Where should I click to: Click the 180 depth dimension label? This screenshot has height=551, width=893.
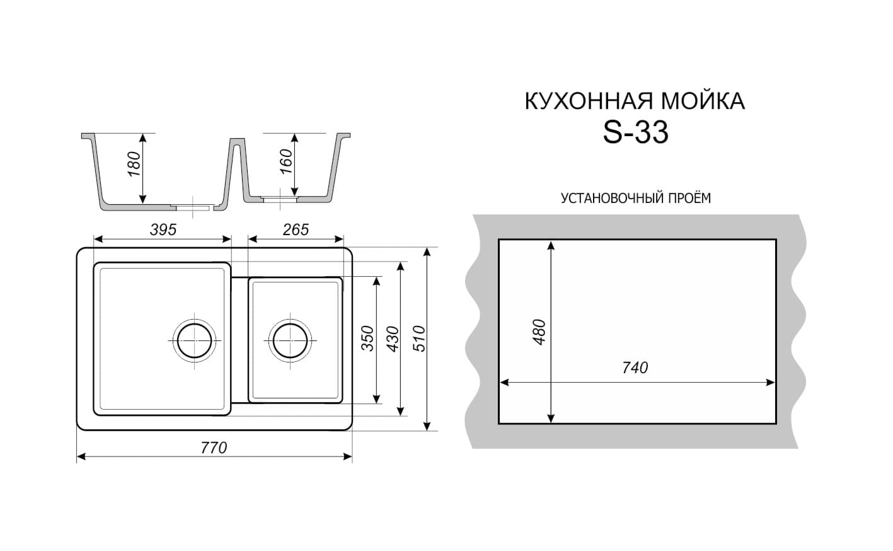point(134,165)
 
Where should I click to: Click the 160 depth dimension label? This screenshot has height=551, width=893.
point(286,161)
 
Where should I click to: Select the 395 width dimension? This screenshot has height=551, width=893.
point(163,229)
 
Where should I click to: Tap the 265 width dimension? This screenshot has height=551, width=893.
point(296,229)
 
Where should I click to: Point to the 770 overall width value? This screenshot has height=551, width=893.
point(214,448)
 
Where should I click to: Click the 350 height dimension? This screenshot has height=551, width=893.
point(367,339)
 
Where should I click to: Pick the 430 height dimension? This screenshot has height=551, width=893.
point(393,339)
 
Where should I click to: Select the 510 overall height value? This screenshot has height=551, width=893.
point(419,339)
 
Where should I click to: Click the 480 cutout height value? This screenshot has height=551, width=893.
point(539,332)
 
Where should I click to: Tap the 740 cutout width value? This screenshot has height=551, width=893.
point(635,368)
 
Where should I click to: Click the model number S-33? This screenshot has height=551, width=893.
point(635,133)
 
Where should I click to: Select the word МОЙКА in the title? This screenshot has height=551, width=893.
point(703,101)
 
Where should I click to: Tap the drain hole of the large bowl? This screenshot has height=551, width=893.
point(195,341)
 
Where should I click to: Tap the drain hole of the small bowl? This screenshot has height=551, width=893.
point(291,341)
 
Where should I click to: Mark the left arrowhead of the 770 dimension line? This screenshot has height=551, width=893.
point(81,457)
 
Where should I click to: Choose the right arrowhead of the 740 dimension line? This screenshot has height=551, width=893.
point(771,383)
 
